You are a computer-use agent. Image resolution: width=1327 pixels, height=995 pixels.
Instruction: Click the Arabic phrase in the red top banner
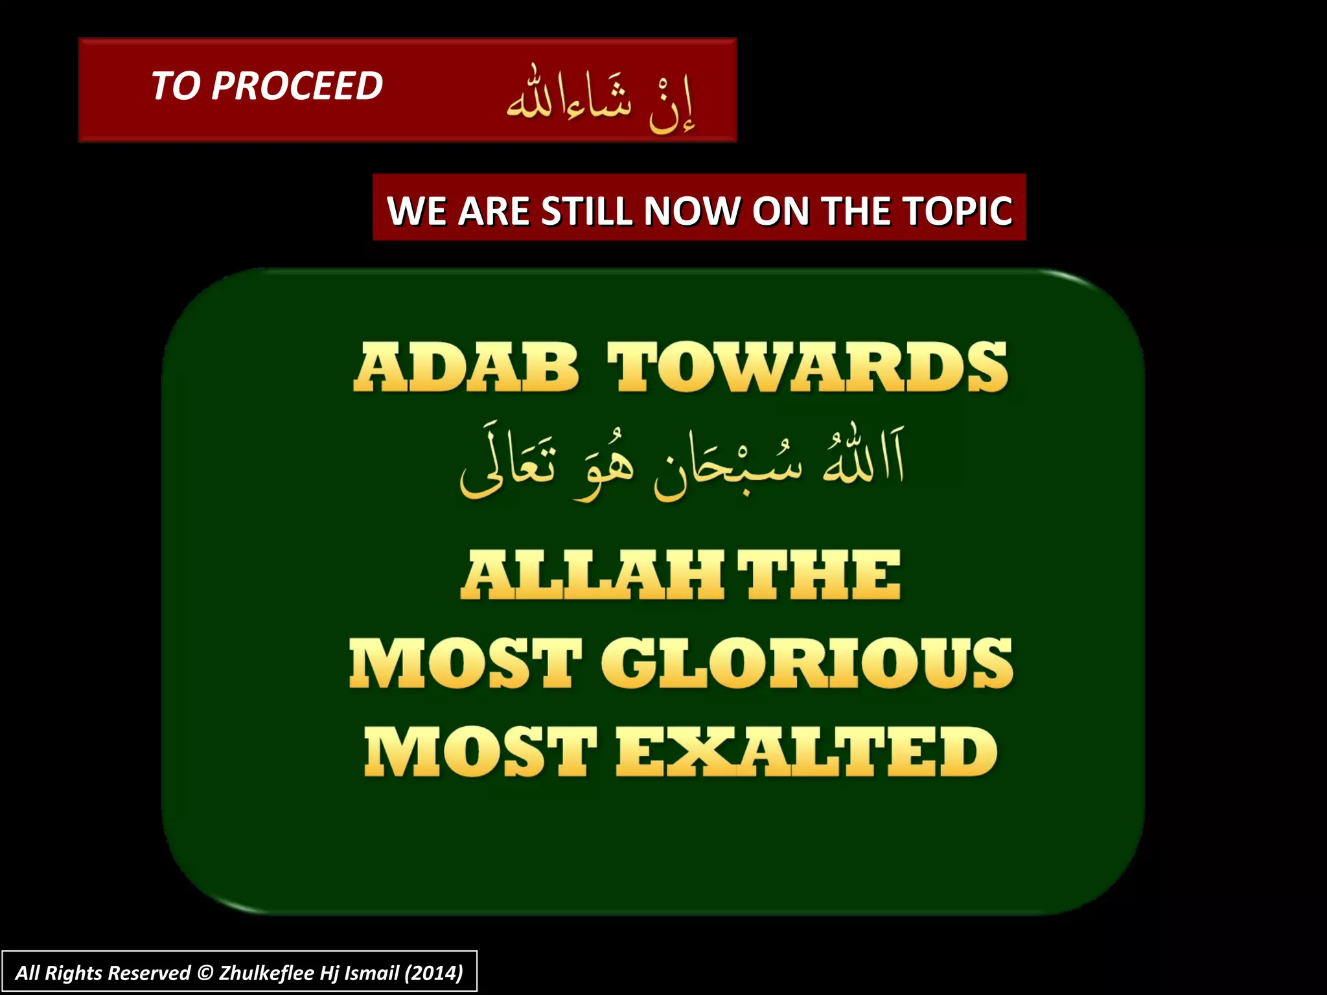pos(601,99)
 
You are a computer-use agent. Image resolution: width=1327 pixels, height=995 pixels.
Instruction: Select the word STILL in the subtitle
pos(585,211)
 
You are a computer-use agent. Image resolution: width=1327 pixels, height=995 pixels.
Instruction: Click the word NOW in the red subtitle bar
pos(691,211)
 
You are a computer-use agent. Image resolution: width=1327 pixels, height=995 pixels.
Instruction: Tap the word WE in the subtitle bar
pos(416,211)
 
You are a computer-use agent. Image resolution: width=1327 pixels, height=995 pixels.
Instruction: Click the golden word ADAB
pos(465,367)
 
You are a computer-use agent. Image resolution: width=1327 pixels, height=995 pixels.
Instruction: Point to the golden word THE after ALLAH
pos(819,575)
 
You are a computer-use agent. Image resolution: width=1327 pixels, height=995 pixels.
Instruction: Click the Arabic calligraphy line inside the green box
pos(682,461)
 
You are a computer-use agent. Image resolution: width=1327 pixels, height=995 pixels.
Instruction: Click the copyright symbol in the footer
pos(205,973)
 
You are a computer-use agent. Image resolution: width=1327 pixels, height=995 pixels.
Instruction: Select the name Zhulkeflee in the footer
pos(266,973)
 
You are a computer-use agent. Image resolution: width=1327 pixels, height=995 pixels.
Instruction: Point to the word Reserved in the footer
pos(149,973)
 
